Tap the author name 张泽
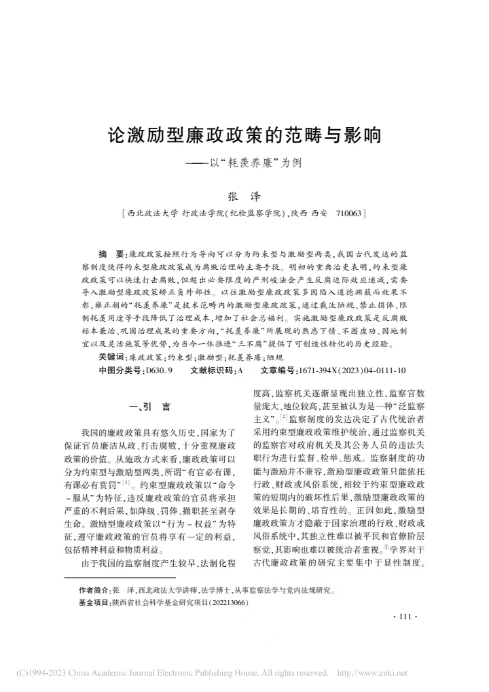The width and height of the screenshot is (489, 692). tap(244, 196)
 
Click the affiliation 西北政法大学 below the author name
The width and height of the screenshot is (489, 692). tap(149, 213)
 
